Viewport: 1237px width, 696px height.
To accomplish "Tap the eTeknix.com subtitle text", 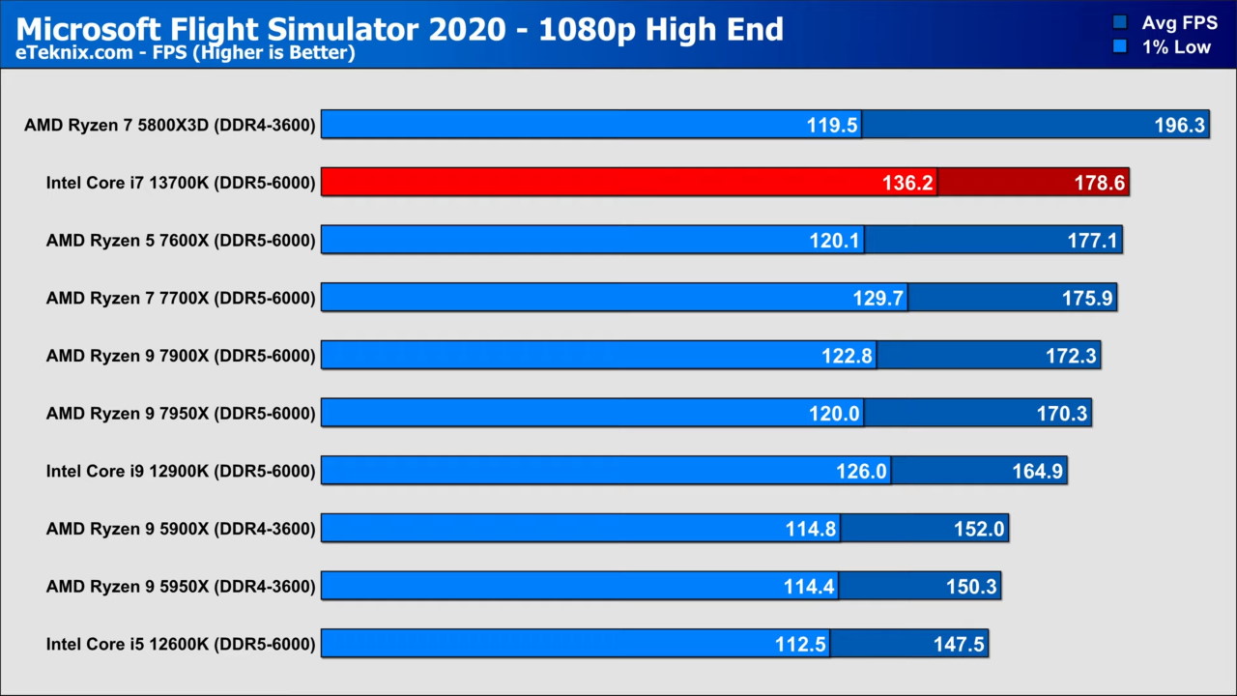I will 185,53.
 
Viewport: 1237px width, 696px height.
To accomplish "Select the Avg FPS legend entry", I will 1178,22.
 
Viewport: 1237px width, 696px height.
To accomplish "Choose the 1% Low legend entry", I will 1176,46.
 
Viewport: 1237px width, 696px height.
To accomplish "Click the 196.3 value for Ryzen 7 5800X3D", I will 1179,125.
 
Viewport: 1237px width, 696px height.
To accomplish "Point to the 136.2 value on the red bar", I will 906,183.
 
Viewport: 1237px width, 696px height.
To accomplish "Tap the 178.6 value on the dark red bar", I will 1099,183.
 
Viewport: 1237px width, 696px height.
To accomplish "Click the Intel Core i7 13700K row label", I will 181,183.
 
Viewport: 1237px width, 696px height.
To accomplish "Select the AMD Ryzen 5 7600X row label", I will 181,241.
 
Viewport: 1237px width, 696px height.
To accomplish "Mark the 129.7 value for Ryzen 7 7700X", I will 877,299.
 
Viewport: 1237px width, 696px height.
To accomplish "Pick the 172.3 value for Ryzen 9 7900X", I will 1071,356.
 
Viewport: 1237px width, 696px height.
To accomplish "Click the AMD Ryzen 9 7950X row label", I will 181,414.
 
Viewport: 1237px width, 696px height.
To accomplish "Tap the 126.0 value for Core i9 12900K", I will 860,472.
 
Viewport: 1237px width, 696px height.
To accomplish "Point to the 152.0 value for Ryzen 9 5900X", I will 979,529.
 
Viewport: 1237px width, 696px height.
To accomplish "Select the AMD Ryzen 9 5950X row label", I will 181,587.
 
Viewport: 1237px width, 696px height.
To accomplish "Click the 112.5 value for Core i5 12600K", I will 800,644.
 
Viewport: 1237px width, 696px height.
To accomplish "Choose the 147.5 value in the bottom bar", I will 959,644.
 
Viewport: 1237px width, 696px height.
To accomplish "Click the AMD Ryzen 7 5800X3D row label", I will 170,125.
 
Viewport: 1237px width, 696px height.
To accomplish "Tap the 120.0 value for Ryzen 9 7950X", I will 834,414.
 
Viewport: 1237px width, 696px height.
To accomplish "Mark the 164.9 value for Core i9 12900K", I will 1037,472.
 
